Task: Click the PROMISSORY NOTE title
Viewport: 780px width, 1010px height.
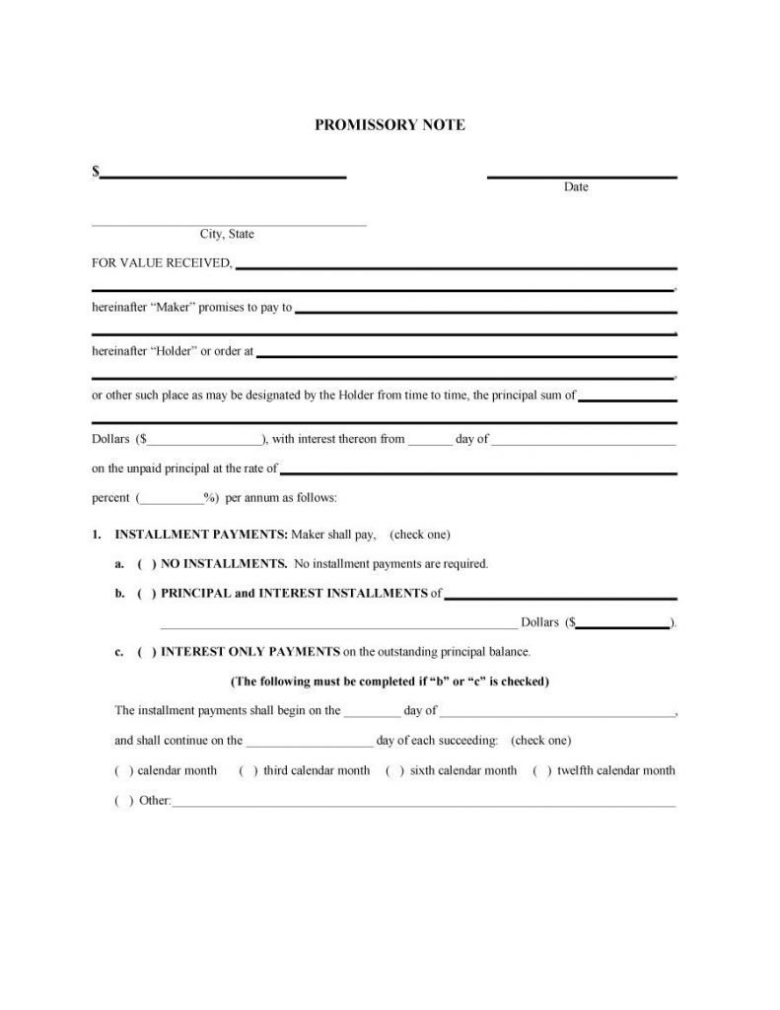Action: [x=389, y=125]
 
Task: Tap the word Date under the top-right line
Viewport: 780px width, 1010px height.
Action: [x=576, y=186]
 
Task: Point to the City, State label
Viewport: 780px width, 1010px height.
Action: [x=227, y=234]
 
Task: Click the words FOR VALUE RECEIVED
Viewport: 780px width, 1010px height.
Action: [x=162, y=262]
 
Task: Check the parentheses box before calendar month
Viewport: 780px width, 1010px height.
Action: [x=124, y=770]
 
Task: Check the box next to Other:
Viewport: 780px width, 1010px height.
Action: [x=124, y=800]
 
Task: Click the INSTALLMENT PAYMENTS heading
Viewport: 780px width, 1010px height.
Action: [x=201, y=535]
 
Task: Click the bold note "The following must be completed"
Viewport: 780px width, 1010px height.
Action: [x=389, y=682]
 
